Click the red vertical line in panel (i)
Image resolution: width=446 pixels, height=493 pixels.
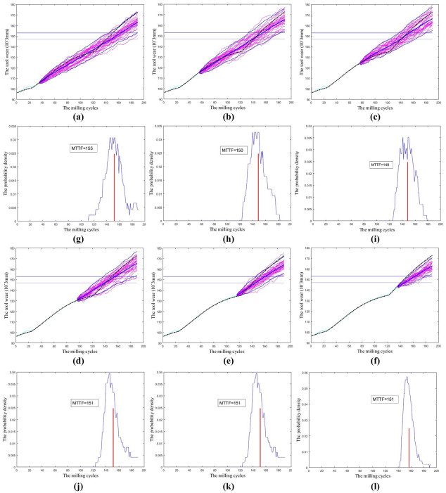coord(407,191)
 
